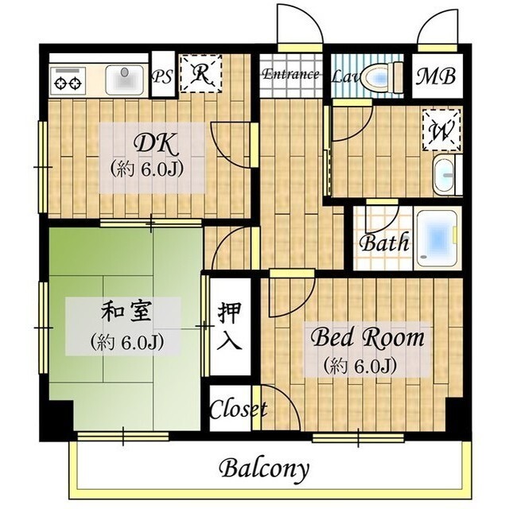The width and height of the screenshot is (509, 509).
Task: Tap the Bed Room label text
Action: (367, 339)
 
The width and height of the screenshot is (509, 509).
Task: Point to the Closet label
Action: (238, 410)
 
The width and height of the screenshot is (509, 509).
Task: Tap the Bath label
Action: (385, 243)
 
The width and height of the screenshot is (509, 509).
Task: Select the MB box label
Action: (437, 77)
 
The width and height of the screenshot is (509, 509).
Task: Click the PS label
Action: (162, 77)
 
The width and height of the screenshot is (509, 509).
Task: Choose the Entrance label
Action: (290, 75)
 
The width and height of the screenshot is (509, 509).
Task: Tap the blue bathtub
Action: (437, 236)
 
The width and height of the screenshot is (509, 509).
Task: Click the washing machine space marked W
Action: (441, 129)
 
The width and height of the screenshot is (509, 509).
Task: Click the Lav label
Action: (344, 77)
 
